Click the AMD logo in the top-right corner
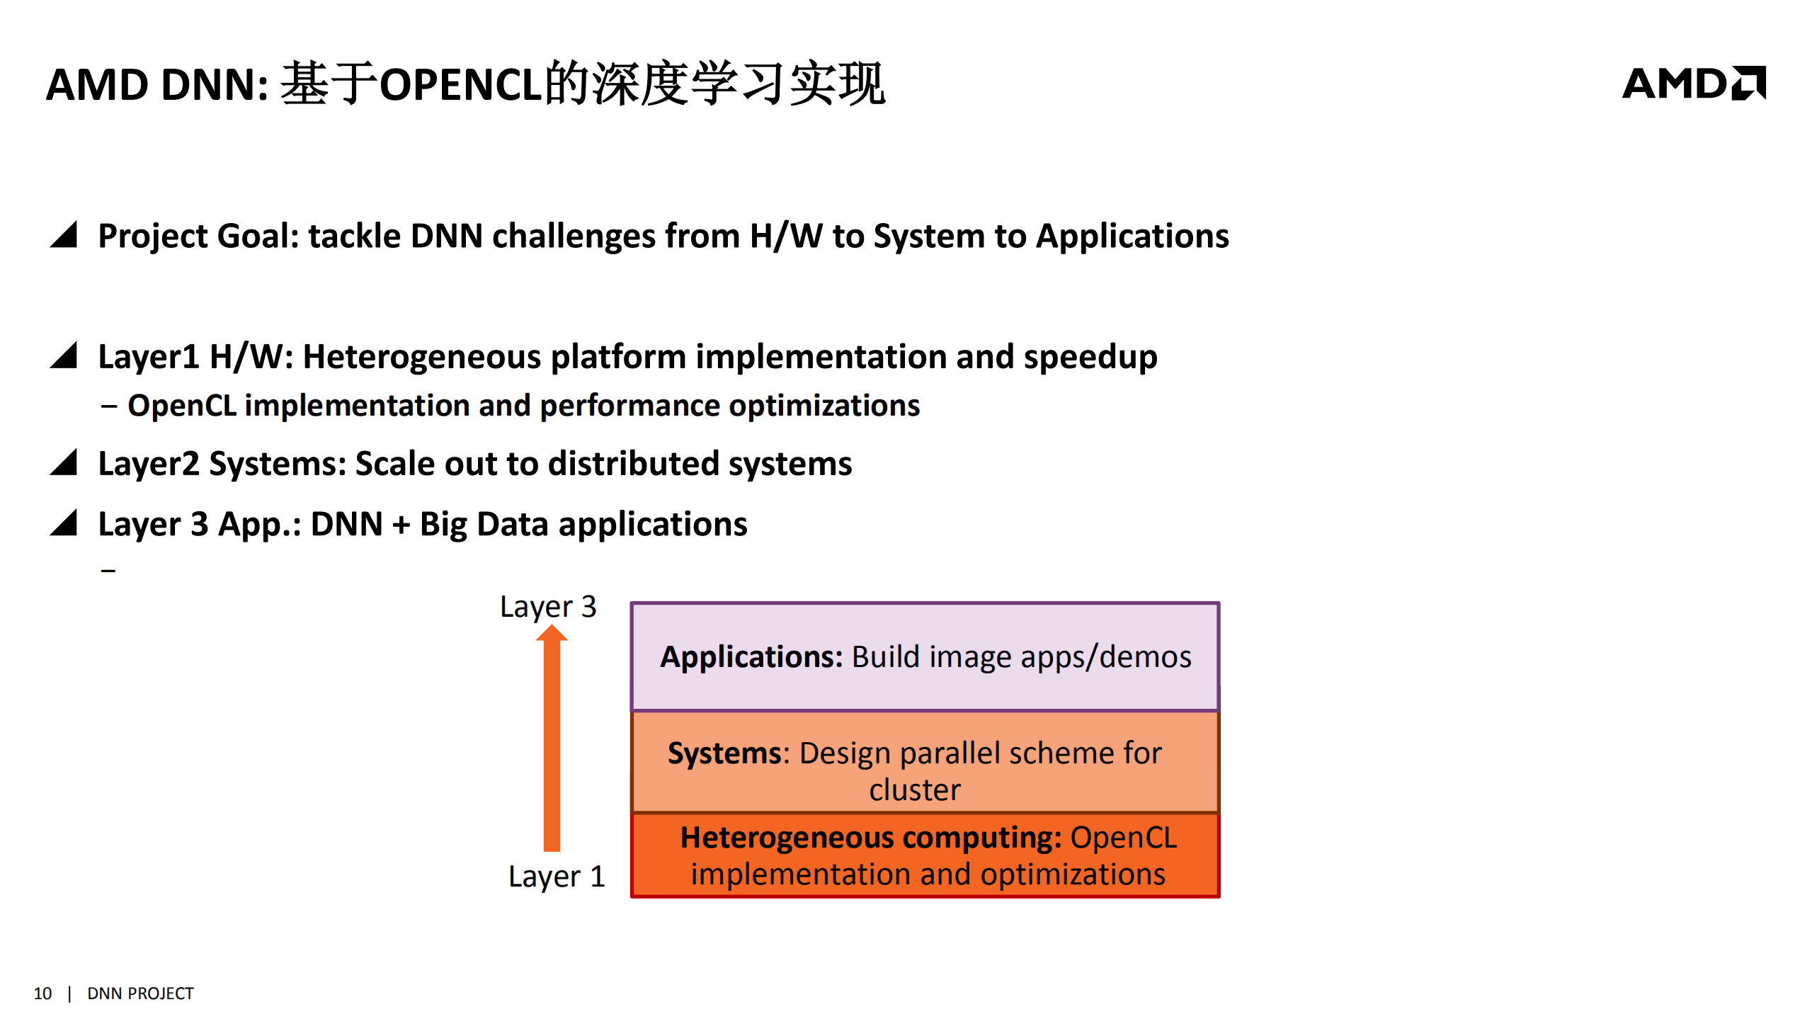pyautogui.click(x=1693, y=84)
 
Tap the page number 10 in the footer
pyautogui.click(x=42, y=994)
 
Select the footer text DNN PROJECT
pyautogui.click(x=140, y=994)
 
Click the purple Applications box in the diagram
pyautogui.click(x=925, y=656)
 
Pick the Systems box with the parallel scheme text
pyautogui.click(x=925, y=762)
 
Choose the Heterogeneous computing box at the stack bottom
pyautogui.click(x=925, y=855)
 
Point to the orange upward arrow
pyautogui.click(x=552, y=740)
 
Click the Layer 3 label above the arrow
pyautogui.click(x=548, y=607)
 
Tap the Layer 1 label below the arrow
pyautogui.click(x=557, y=877)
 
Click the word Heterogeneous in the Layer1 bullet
pyautogui.click(x=422, y=357)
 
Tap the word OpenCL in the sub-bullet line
pyautogui.click(x=182, y=406)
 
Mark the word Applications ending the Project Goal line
pyautogui.click(x=1132, y=237)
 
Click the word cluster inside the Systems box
pyautogui.click(x=915, y=790)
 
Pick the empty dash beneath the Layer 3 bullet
pyautogui.click(x=108, y=570)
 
